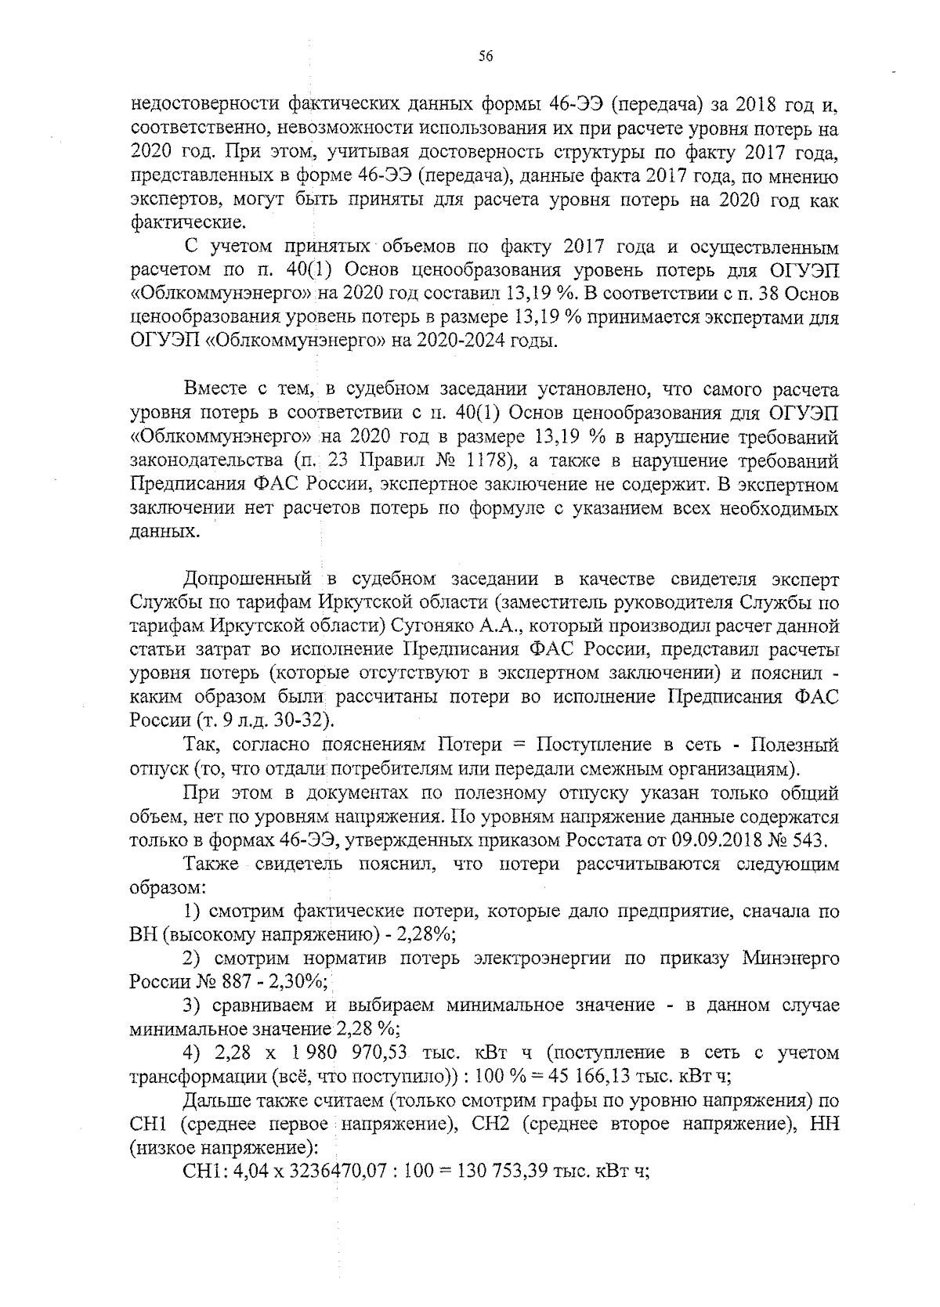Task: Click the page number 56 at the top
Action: click(485, 56)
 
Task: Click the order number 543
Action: click(810, 840)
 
